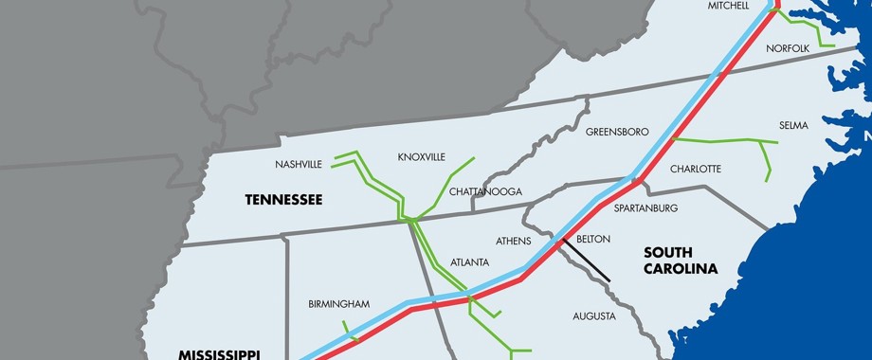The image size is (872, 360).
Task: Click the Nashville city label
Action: (x=299, y=164)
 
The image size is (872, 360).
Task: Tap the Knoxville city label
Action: (x=421, y=157)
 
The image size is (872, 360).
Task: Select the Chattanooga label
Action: (x=485, y=191)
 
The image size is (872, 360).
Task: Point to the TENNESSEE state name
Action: (x=283, y=199)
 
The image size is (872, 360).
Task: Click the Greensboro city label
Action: (x=617, y=131)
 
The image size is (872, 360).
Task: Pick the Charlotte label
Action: (x=696, y=169)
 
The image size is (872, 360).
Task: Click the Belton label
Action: (x=593, y=239)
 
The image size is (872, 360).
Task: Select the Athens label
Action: (x=513, y=241)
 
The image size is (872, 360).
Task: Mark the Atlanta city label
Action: (x=470, y=261)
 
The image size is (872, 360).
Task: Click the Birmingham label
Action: (x=338, y=304)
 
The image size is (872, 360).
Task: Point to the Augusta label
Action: (x=594, y=315)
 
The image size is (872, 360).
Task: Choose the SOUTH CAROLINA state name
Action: (x=681, y=261)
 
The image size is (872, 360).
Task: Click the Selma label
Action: (x=793, y=125)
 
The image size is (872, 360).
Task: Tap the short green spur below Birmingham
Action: (x=350, y=331)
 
